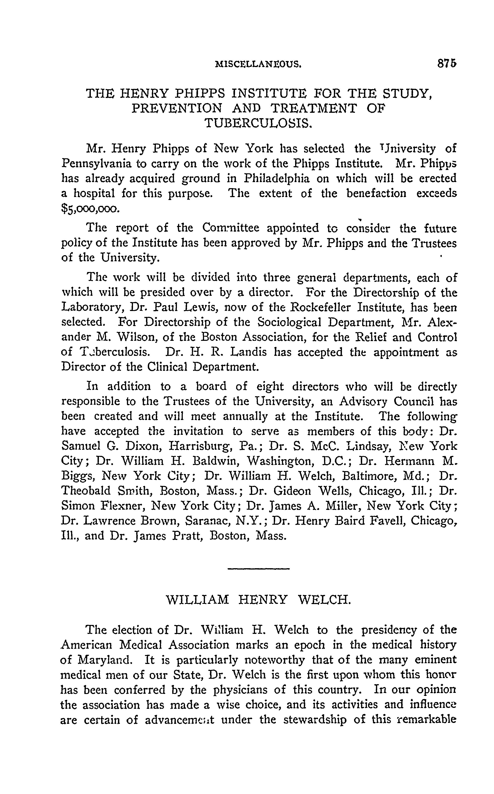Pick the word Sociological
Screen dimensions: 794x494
[289, 322]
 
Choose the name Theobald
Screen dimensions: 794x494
[86, 491]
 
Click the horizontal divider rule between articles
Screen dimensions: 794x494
[258, 569]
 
